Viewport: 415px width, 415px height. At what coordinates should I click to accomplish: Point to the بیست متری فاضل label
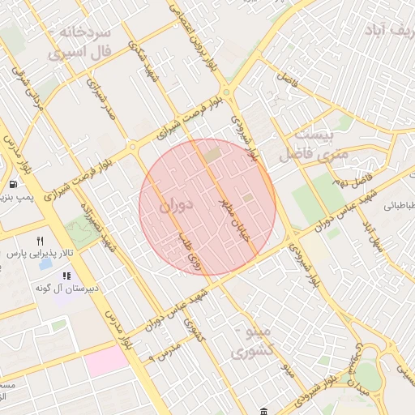(x=313, y=142)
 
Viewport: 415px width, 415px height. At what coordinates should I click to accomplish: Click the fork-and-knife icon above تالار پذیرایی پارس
(x=39, y=241)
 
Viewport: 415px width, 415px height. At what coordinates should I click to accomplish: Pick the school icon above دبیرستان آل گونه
(x=66, y=275)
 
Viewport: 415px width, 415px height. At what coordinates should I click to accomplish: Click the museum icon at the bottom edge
(x=265, y=411)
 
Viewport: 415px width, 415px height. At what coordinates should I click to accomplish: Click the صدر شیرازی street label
(x=104, y=101)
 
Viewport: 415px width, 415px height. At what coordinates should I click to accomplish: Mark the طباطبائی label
(x=397, y=206)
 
